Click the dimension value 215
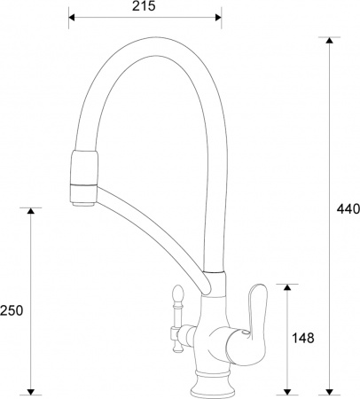click(x=145, y=6)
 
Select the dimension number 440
click(x=347, y=209)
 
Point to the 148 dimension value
click(x=304, y=338)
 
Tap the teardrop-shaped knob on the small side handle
click(x=174, y=294)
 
